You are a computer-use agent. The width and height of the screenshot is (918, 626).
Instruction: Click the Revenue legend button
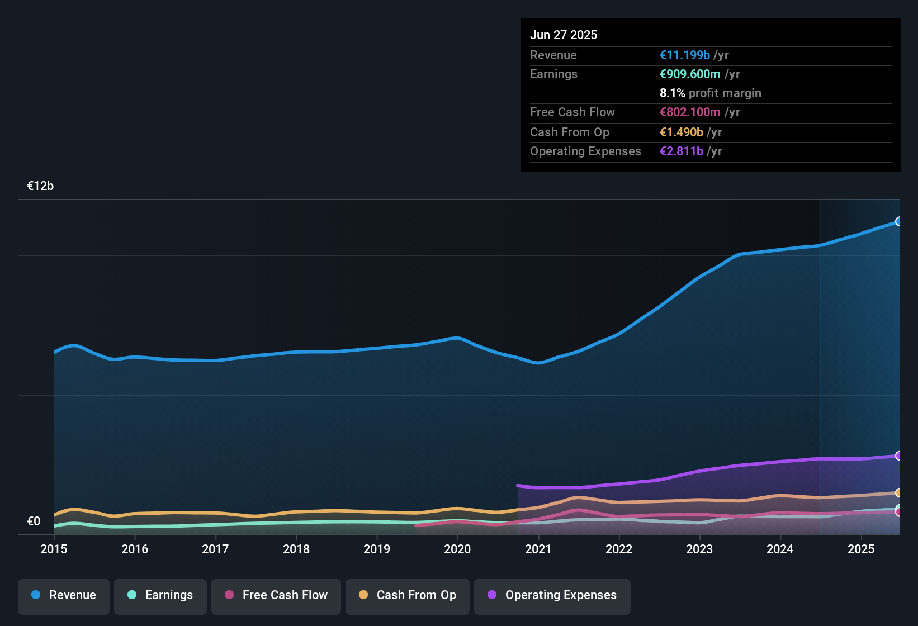[64, 595]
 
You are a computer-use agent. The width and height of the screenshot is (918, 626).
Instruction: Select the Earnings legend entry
[160, 595]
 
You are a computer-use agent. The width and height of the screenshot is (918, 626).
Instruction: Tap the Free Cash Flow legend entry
[276, 595]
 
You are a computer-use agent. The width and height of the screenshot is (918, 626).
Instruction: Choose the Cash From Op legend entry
[408, 595]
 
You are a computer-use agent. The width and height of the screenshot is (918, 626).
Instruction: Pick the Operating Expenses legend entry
[552, 595]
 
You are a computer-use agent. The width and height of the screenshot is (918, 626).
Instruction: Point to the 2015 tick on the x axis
[54, 549]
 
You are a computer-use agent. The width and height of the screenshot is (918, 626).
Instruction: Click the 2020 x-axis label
[457, 549]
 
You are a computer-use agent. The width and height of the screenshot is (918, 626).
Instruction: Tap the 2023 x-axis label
[699, 549]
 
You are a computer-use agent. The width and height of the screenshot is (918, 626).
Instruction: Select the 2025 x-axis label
[861, 549]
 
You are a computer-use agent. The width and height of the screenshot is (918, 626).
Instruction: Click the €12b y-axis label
[40, 186]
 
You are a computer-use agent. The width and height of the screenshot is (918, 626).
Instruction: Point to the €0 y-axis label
[34, 521]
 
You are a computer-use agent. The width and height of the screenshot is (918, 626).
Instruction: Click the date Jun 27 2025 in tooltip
[564, 35]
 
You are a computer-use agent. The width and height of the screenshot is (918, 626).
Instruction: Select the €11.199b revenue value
[685, 55]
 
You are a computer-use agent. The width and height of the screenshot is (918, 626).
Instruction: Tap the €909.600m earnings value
[690, 74]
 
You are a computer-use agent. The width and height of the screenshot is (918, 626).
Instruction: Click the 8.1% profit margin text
[711, 93]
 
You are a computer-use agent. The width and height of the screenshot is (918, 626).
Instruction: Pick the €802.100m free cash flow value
[690, 112]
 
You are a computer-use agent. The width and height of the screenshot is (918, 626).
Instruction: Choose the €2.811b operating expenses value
[682, 151]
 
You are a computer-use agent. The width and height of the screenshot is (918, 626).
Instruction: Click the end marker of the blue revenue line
[898, 221]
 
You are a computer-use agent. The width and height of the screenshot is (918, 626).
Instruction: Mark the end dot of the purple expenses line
[898, 456]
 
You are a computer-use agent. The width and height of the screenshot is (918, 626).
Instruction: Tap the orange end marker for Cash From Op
[898, 492]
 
